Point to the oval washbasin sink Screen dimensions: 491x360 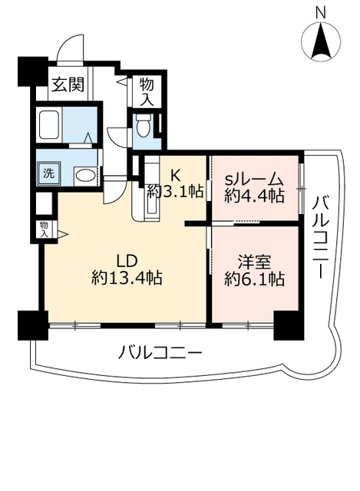pyautogui.click(x=85, y=176)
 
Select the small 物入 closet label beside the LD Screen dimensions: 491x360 pyautogui.click(x=45, y=229)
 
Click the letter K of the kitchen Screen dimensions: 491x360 pyautogui.click(x=174, y=174)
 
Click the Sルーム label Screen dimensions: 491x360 pyautogui.click(x=254, y=179)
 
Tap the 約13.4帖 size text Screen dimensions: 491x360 pyautogui.click(x=126, y=278)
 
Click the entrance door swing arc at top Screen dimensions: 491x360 pyautogui.click(x=71, y=46)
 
